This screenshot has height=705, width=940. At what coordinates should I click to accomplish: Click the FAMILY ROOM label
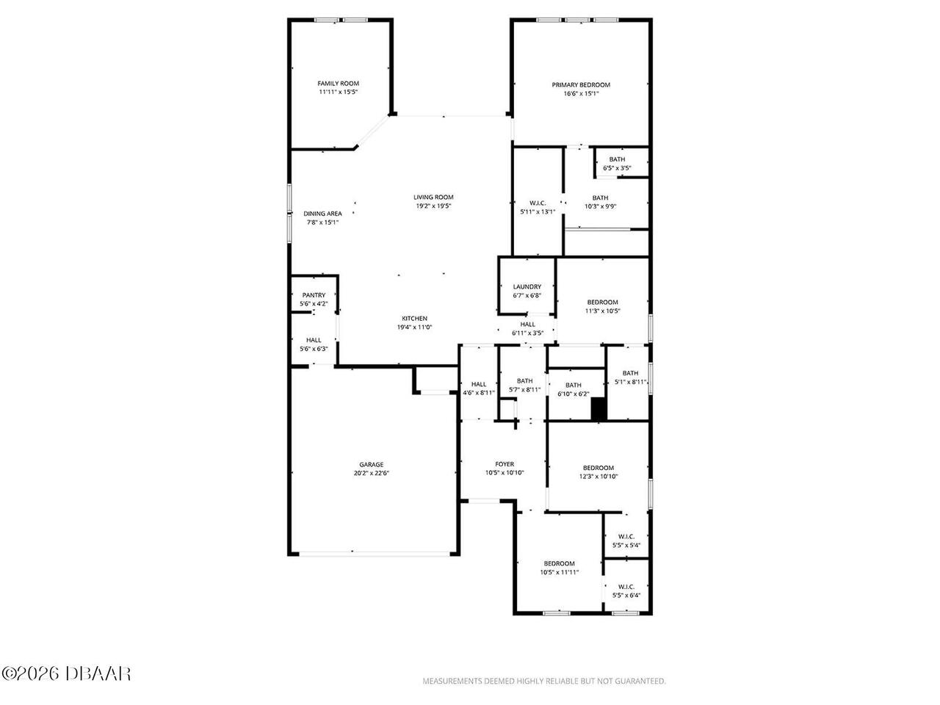click(x=338, y=84)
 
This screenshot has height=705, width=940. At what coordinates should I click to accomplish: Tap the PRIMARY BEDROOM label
click(x=581, y=84)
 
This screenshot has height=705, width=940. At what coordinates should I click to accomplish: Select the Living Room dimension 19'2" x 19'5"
click(x=433, y=206)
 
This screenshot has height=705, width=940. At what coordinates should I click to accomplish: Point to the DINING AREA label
click(x=322, y=214)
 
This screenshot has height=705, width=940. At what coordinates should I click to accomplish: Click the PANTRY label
click(x=314, y=295)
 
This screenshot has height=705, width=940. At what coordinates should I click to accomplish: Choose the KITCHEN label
click(x=414, y=319)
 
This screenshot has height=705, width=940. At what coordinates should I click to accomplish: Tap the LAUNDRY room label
click(x=527, y=287)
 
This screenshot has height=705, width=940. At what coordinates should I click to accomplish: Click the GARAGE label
click(x=371, y=464)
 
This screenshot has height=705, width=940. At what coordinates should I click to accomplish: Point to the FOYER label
click(x=504, y=464)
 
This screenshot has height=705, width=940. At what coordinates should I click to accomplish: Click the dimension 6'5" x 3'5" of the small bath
click(x=617, y=168)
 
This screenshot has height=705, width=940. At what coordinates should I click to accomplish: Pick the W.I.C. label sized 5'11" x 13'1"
click(x=538, y=203)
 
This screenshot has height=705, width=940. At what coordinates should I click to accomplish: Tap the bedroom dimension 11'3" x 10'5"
click(x=602, y=311)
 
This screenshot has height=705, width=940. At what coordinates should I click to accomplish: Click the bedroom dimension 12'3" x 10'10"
click(x=599, y=477)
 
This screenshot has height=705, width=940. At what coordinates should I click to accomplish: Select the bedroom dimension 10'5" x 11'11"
click(x=560, y=572)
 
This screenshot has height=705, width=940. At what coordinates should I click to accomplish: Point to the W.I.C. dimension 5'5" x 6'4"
click(x=626, y=596)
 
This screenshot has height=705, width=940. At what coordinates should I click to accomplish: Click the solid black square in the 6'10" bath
click(x=599, y=409)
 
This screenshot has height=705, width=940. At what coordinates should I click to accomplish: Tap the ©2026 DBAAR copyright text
click(x=66, y=673)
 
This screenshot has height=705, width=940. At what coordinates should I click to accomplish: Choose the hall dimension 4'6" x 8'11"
click(x=478, y=393)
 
